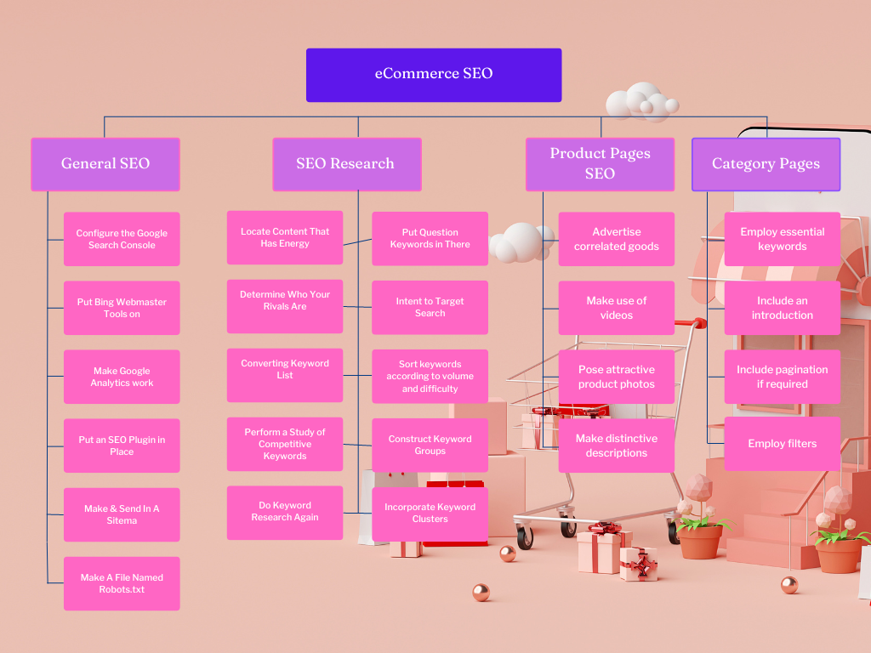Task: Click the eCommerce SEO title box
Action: click(x=434, y=75)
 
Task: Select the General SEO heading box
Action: click(x=105, y=164)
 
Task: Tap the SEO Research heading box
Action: click(x=346, y=164)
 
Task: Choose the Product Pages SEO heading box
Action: click(x=600, y=164)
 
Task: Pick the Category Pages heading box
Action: click(x=766, y=164)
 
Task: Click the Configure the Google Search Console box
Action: click(x=122, y=239)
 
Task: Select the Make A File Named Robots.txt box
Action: click(x=122, y=583)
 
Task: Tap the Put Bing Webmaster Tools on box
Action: click(x=122, y=308)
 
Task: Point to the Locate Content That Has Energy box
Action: click(x=285, y=237)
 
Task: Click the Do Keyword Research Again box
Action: click(x=285, y=512)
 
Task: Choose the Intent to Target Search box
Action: click(x=430, y=307)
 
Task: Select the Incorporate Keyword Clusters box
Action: click(x=430, y=514)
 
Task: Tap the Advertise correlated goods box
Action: click(x=617, y=239)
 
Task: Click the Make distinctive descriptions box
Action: click(x=617, y=446)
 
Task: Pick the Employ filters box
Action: click(x=782, y=443)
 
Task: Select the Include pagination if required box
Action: click(x=782, y=377)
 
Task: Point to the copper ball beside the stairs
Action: click(x=789, y=585)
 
